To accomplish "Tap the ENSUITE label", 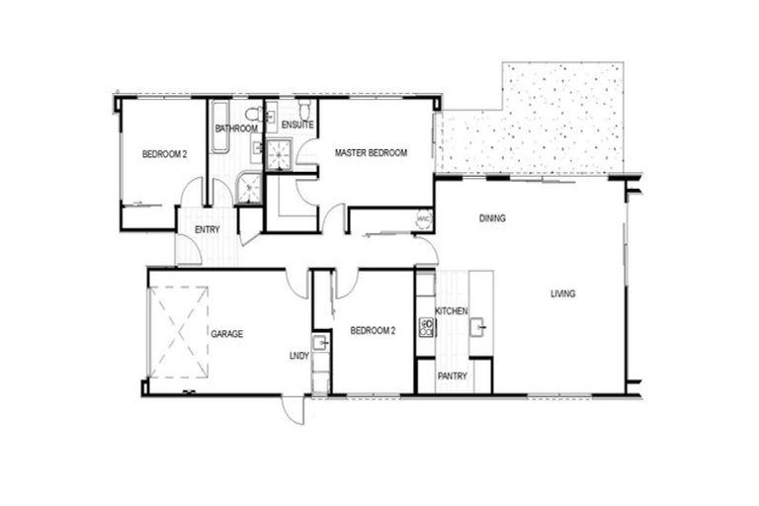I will [297, 126].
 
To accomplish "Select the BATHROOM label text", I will [236, 128].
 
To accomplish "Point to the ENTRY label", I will [207, 230].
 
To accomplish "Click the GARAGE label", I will [226, 334].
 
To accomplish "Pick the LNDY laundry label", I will [297, 355].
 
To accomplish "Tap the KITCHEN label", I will [452, 311].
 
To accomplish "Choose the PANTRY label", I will [452, 377].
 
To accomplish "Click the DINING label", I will [492, 218].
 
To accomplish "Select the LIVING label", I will [563, 294].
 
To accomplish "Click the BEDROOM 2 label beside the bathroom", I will [164, 154].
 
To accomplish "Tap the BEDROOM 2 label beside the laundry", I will [373, 331].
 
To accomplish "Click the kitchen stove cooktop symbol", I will [427, 326].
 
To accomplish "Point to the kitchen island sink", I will [479, 325].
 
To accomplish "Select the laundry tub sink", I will [320, 344].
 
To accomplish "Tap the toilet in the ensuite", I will [304, 108].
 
